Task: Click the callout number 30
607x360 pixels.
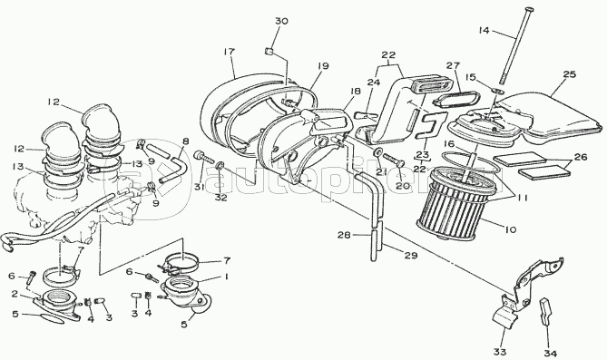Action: (x=281, y=21)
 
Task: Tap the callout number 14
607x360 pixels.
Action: (x=484, y=30)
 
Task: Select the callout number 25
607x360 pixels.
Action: (x=570, y=74)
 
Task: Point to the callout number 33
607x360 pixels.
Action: (x=500, y=352)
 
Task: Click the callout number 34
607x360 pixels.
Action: (x=550, y=353)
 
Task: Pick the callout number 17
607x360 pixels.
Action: (x=230, y=52)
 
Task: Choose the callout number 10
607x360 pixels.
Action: (x=510, y=229)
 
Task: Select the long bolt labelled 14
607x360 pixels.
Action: (x=514, y=44)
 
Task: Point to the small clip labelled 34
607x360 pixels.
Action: (x=545, y=310)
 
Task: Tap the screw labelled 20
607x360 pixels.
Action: (x=394, y=159)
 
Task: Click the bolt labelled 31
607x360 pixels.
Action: (x=203, y=157)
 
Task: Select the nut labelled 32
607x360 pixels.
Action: (x=220, y=165)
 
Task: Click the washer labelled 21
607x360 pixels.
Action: (x=377, y=151)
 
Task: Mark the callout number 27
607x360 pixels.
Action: (x=452, y=65)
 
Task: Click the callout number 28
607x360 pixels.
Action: (x=343, y=235)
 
